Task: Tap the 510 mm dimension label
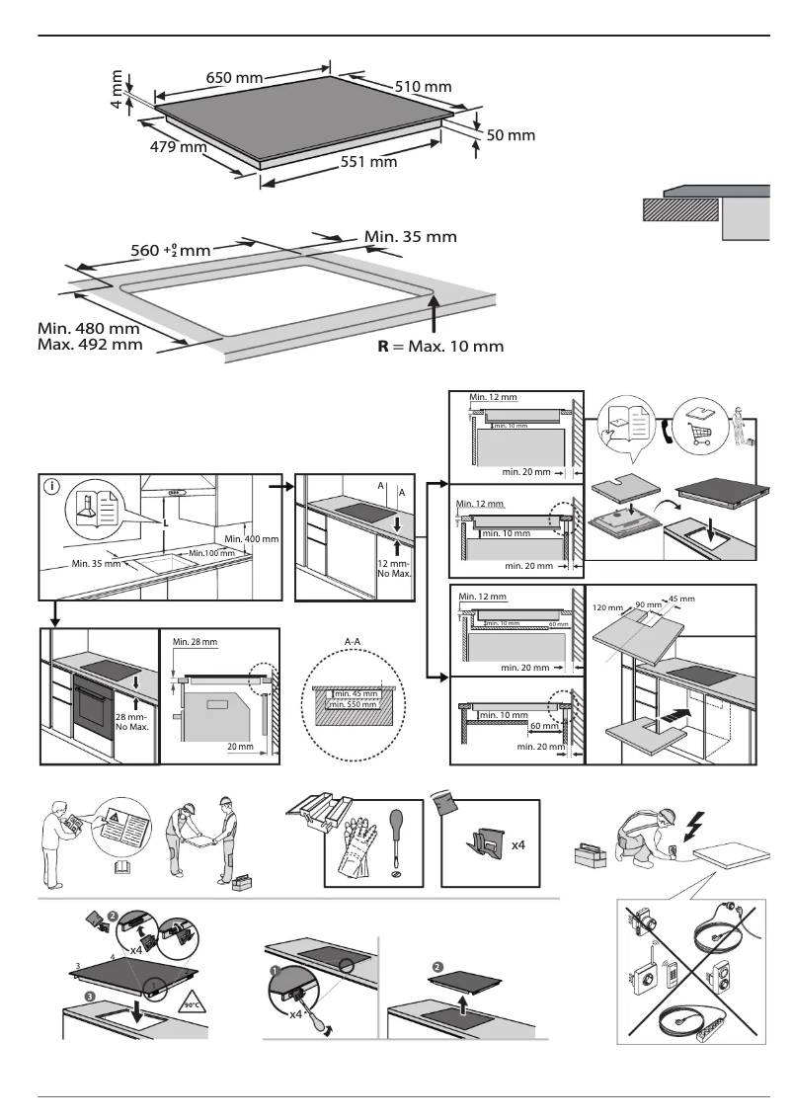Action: click(423, 87)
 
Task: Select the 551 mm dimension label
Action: click(368, 162)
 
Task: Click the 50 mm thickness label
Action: click(511, 135)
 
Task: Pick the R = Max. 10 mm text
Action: click(442, 347)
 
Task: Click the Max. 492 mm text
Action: click(90, 345)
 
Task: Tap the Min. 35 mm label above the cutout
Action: click(411, 237)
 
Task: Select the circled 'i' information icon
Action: click(52, 486)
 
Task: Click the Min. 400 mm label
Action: click(252, 539)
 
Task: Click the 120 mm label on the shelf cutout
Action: click(606, 607)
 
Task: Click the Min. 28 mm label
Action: click(195, 642)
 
